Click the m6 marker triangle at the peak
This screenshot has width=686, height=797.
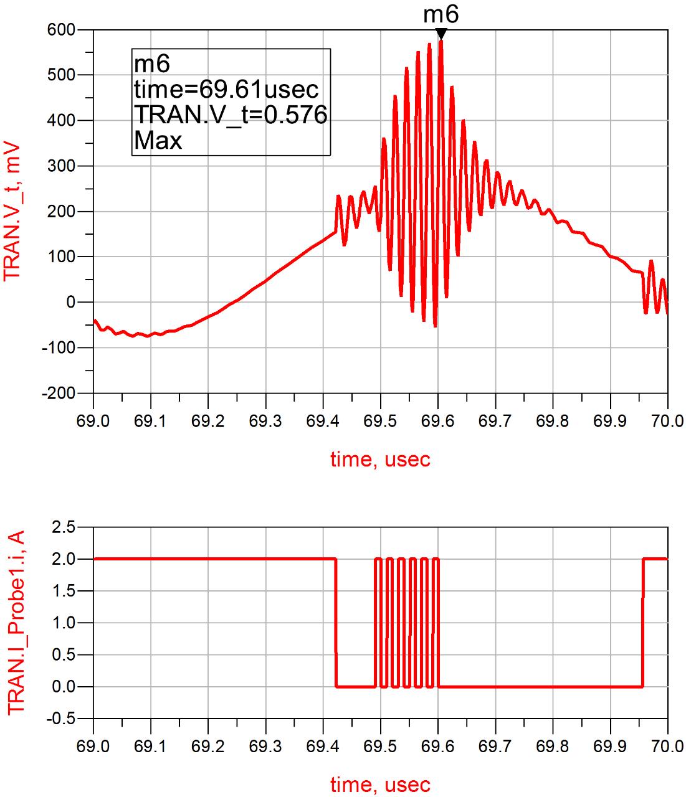[441, 34]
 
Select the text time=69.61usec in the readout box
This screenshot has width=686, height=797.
[226, 90]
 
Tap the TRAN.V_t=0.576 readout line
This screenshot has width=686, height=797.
[231, 115]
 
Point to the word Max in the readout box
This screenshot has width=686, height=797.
[158, 141]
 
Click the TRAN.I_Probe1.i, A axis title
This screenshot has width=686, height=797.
[15, 623]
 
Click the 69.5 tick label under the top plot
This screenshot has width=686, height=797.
[380, 422]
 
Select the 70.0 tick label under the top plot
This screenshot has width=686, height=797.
[667, 422]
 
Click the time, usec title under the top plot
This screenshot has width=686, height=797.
[380, 460]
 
